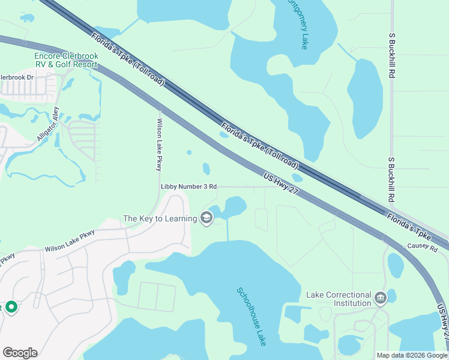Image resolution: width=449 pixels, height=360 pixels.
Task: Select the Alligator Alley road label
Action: click(49, 124)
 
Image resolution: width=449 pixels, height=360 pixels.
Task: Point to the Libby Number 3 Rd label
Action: click(188, 187)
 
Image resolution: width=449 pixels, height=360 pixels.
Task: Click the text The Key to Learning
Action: click(160, 218)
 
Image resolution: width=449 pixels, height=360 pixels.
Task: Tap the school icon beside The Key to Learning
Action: click(206, 218)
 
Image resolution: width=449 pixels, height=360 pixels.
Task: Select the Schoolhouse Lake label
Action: click(252, 316)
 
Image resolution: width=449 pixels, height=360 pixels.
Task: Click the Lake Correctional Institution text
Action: click(339, 299)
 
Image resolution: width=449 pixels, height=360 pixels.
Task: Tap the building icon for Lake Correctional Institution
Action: click(380, 298)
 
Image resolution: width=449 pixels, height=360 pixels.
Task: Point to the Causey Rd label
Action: click(423, 247)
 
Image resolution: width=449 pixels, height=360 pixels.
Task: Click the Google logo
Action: click(20, 353)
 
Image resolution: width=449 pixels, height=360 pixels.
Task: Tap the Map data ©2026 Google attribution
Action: click(412, 355)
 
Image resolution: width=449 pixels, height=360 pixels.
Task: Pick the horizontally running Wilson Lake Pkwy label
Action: click(70, 242)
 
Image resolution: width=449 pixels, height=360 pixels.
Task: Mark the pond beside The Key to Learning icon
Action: click(232, 208)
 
